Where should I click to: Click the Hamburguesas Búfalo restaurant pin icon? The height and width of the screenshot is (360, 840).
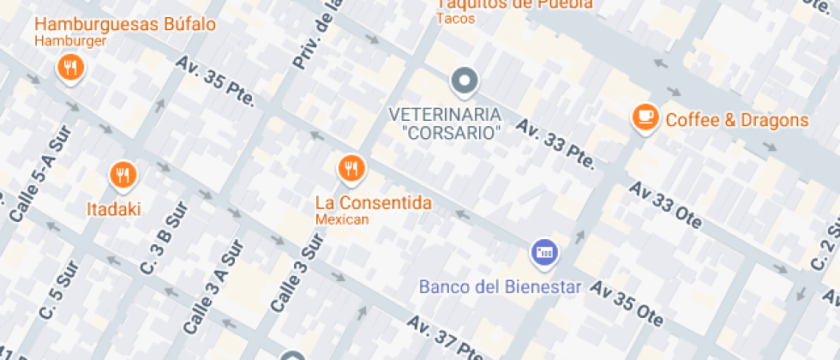(69, 66)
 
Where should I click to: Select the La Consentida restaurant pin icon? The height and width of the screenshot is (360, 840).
(351, 166)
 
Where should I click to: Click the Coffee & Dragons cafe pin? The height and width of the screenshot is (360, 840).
(645, 117)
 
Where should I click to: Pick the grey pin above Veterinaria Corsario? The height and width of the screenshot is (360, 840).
(464, 81)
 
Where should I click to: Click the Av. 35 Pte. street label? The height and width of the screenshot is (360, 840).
(217, 81)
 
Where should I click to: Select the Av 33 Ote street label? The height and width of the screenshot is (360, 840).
(670, 206)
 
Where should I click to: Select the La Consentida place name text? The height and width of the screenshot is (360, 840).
(373, 203)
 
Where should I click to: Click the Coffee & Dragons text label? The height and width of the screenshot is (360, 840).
(737, 120)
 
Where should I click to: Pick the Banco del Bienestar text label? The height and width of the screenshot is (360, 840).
(501, 286)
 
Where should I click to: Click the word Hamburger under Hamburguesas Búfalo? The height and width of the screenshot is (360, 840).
(70, 40)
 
